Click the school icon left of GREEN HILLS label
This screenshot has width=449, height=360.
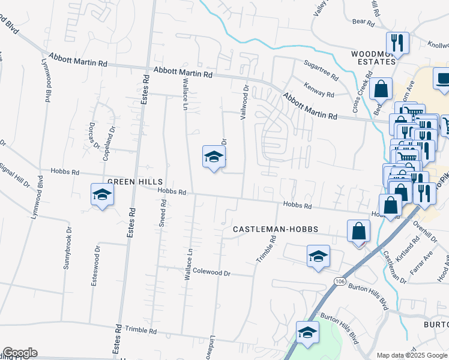click(103, 195)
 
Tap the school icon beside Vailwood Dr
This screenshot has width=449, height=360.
click(214, 157)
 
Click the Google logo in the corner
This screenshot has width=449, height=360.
click(20, 353)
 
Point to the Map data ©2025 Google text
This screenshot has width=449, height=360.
click(411, 355)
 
